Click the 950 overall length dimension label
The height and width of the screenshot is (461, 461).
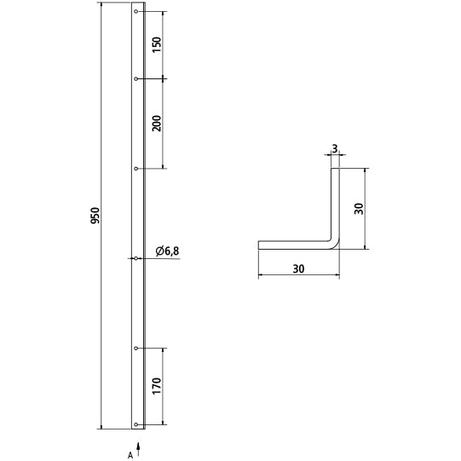95,216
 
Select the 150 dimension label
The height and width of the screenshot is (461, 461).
157,44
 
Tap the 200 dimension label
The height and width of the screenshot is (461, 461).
157,124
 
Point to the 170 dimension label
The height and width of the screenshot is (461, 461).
157,386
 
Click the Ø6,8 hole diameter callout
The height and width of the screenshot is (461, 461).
167,251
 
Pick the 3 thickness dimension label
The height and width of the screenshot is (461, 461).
335,149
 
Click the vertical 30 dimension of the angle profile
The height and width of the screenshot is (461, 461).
359,209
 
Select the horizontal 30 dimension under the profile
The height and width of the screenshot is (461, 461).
299,268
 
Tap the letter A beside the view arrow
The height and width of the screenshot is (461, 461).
130,455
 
